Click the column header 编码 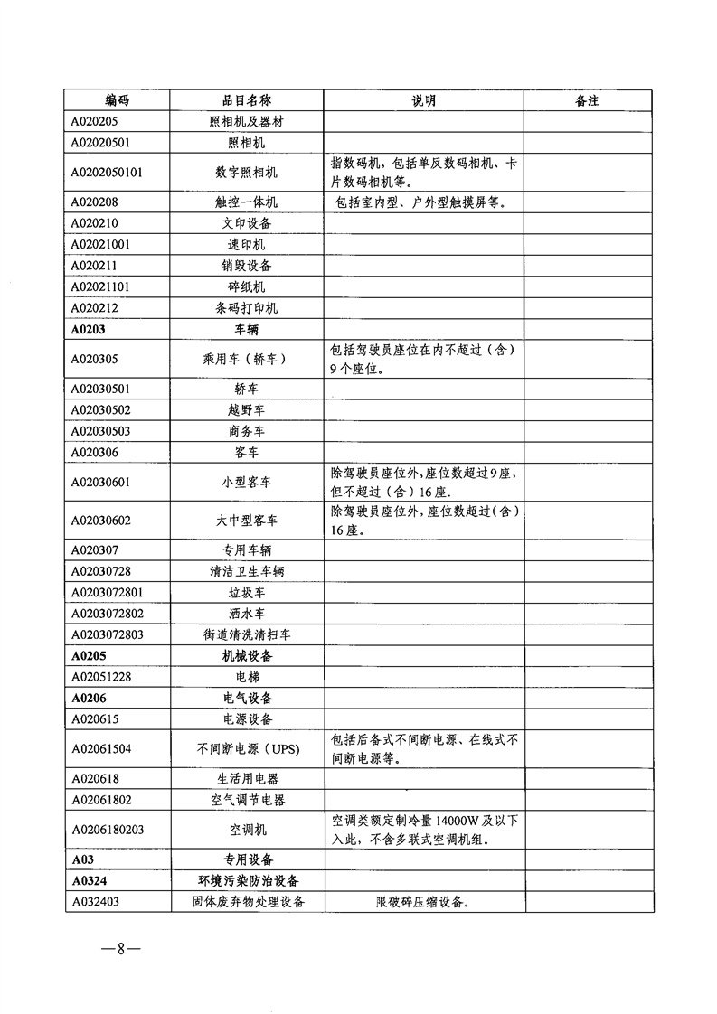(x=117, y=100)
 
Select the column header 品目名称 (x=247, y=100)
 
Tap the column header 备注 (x=587, y=100)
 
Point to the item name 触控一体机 (x=246, y=202)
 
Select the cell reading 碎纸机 (x=246, y=286)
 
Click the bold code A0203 (x=89, y=329)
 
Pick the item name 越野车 (x=246, y=410)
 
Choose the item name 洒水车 (x=246, y=613)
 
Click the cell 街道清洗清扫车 (x=246, y=634)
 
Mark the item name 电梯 (x=246, y=676)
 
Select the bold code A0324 (x=91, y=879)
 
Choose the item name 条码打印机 (x=246, y=308)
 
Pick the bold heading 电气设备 (x=247, y=698)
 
